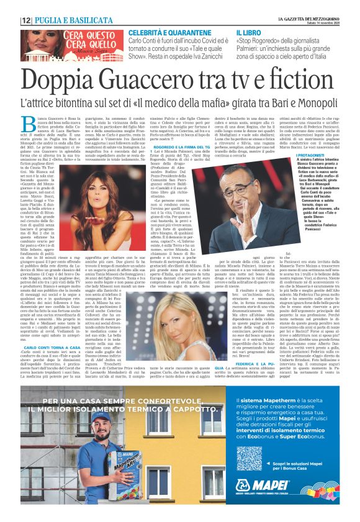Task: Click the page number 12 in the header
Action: [x=26, y=20]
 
